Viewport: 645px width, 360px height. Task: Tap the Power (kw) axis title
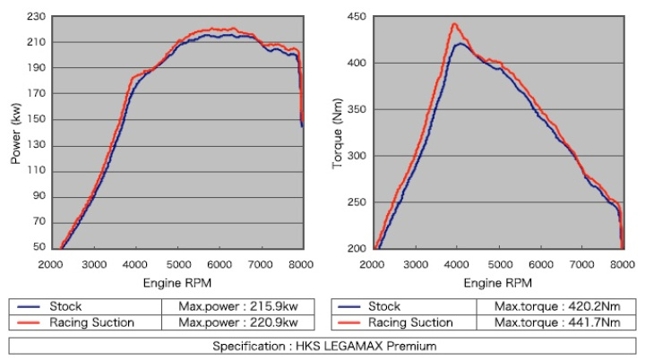pyautogui.click(x=15, y=133)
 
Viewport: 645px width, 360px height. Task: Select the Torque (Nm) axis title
pyautogui.click(x=338, y=133)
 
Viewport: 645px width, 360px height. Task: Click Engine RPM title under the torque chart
pyautogui.click(x=498, y=283)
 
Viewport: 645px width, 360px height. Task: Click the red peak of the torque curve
pyautogui.click(x=454, y=24)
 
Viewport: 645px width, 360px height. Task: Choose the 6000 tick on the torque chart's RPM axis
pyautogui.click(x=540, y=264)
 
